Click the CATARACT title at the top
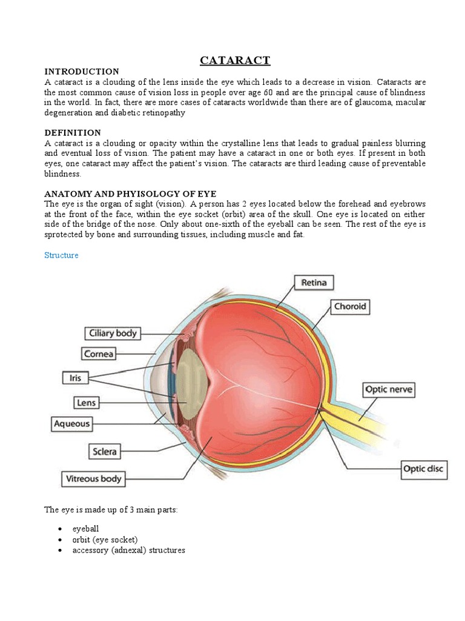coord(235,60)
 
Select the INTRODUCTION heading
coord(82,72)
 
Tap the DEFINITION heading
coord(73,132)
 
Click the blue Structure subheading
coord(61,255)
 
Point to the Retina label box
coord(314,282)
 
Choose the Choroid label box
coord(350,306)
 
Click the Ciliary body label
coord(113,333)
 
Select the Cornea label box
coord(99,353)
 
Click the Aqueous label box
coord(71,424)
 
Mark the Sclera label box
coord(104,451)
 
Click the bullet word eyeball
coord(85,529)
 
